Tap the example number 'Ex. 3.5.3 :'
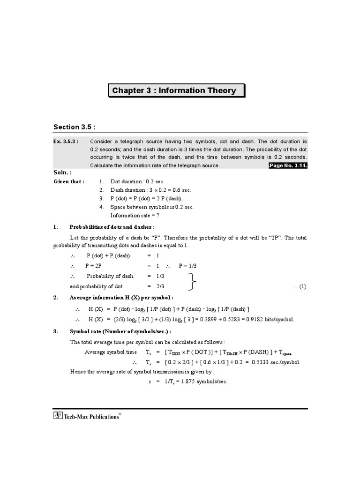click(66, 141)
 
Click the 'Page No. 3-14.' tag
click(287, 165)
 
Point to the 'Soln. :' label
click(63, 173)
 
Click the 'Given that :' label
click(69, 181)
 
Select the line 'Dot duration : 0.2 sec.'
click(137, 181)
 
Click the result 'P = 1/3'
click(188, 265)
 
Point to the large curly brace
click(192, 281)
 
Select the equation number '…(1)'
click(300, 286)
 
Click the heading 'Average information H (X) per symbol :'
click(121, 298)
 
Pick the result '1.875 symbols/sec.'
click(198, 382)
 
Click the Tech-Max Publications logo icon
click(59, 415)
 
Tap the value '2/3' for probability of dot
click(160, 286)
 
